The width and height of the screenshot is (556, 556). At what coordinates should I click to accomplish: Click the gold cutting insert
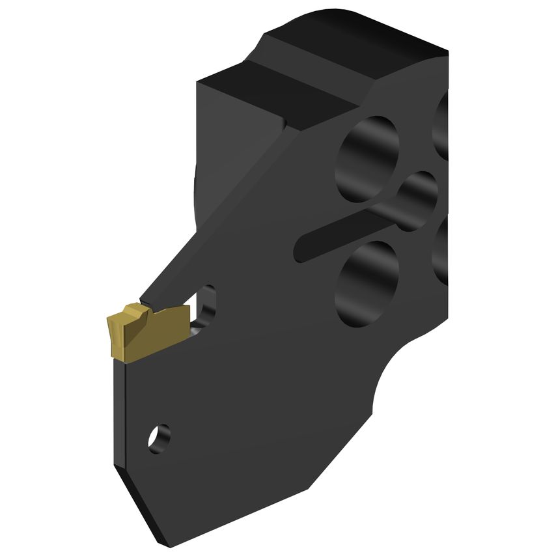tap(146, 332)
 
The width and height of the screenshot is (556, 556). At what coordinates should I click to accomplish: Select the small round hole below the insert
tap(158, 438)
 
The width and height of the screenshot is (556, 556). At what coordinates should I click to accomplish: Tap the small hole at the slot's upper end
tap(417, 201)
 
